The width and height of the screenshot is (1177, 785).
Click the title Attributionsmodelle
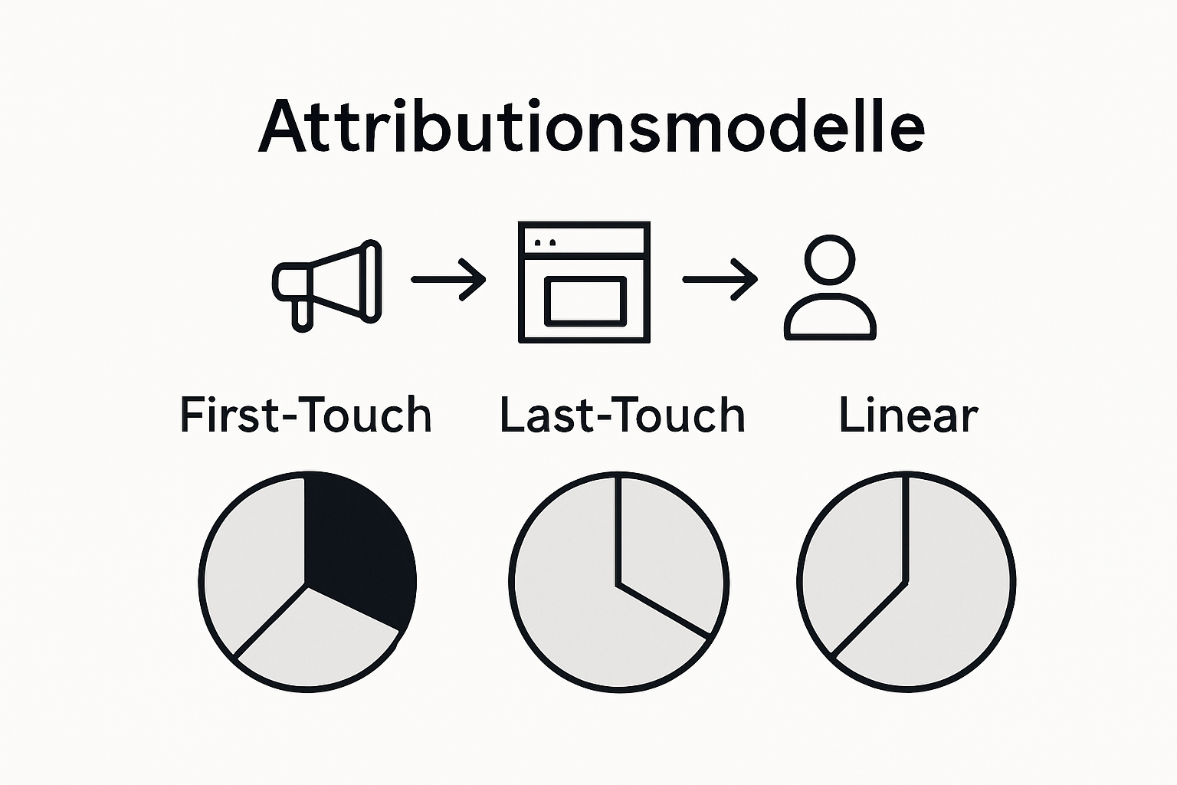pyautogui.click(x=591, y=126)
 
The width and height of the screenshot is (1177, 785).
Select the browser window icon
pyautogui.click(x=584, y=282)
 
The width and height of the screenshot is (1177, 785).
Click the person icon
pyautogui.click(x=830, y=288)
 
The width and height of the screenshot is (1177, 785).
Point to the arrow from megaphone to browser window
pyautogui.click(x=448, y=280)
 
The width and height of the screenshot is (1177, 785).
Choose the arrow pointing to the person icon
pyautogui.click(x=720, y=280)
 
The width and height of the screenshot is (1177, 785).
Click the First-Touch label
pyautogui.click(x=306, y=415)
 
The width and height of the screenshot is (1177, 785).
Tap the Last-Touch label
pyautogui.click(x=622, y=415)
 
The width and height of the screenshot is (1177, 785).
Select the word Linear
pyautogui.click(x=908, y=415)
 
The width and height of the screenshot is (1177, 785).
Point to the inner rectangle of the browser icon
pyautogui.click(x=584, y=301)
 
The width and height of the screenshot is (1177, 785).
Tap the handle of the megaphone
pyautogui.click(x=302, y=314)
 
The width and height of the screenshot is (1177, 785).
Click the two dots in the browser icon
pyautogui.click(x=545, y=243)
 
